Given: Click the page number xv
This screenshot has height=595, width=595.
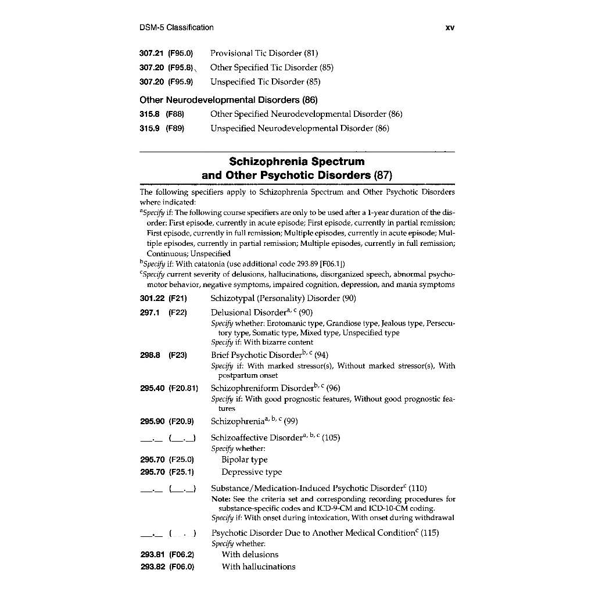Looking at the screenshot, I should click(x=449, y=27).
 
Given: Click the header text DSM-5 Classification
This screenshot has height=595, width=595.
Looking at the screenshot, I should click(x=177, y=27).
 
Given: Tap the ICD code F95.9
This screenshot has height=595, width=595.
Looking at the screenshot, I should click(x=181, y=82).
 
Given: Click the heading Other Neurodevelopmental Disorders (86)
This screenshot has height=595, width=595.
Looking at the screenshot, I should click(x=229, y=99).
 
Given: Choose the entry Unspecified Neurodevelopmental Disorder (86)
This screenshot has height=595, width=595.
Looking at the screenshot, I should click(x=299, y=128).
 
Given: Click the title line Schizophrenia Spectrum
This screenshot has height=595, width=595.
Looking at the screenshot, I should click(x=297, y=161).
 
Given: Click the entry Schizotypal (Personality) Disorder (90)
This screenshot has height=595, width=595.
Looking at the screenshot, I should click(x=283, y=299).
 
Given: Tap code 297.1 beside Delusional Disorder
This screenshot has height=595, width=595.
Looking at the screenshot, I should click(x=149, y=313).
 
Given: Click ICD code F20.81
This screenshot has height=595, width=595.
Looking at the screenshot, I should click(x=183, y=388).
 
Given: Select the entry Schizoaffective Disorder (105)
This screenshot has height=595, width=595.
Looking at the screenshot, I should click(x=275, y=438).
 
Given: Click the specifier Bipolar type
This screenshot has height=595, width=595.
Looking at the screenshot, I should click(x=245, y=460).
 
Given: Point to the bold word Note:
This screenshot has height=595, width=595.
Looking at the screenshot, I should click(x=220, y=499).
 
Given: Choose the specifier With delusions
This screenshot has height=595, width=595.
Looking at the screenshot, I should click(x=250, y=554).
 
